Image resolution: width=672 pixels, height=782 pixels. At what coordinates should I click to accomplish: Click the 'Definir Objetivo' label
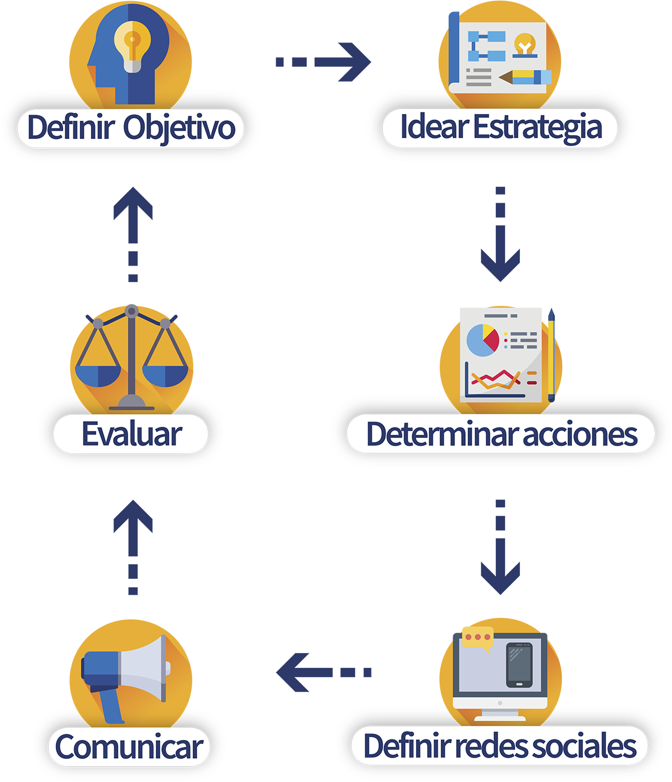point(131,127)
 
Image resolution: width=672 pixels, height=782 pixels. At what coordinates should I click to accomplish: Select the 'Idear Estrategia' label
point(500,127)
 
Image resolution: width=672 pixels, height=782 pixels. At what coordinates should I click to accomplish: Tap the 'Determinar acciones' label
point(501,434)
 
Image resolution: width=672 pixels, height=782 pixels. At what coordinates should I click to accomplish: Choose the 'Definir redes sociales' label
point(500,746)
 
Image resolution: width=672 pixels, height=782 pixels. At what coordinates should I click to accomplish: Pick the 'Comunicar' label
point(129,747)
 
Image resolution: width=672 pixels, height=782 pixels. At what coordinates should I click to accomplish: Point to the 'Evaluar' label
point(131,434)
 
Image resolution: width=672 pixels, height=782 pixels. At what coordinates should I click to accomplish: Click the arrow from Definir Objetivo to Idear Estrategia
point(324,61)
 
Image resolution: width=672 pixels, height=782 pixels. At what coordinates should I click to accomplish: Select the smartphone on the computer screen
point(519,665)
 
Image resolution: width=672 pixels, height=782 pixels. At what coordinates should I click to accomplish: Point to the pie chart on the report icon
point(482,340)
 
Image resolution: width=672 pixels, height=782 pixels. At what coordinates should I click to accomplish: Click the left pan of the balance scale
point(98,375)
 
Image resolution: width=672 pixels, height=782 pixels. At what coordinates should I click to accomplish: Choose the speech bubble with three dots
point(477,637)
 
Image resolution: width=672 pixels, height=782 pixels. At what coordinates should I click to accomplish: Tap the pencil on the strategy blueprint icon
point(526,76)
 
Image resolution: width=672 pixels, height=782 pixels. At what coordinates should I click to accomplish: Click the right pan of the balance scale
point(165,375)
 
